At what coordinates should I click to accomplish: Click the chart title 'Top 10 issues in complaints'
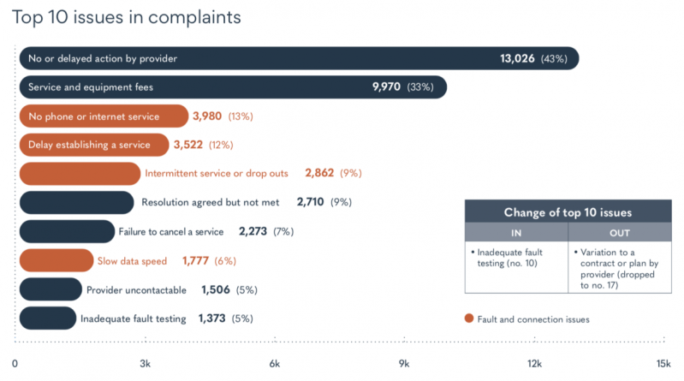coord(126,18)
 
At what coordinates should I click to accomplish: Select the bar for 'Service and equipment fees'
coord(231,87)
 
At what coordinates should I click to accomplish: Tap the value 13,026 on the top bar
coord(517,58)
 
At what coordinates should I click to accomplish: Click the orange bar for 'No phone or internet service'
coord(103,116)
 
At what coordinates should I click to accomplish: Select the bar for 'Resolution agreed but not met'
coord(76,203)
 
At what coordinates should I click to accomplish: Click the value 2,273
coord(253,232)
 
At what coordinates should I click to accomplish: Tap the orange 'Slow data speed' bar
coord(56,261)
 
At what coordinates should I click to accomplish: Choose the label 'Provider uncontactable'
coord(138,289)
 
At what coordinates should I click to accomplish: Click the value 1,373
coord(212,318)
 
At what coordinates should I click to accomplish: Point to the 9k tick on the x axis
coord(404,365)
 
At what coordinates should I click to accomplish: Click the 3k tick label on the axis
coord(146,365)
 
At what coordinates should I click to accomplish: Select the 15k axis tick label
coord(663,365)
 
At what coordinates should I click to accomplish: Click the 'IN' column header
coord(515,232)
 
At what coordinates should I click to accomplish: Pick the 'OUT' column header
coord(618,232)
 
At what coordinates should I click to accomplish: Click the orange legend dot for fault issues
coord(468,318)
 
